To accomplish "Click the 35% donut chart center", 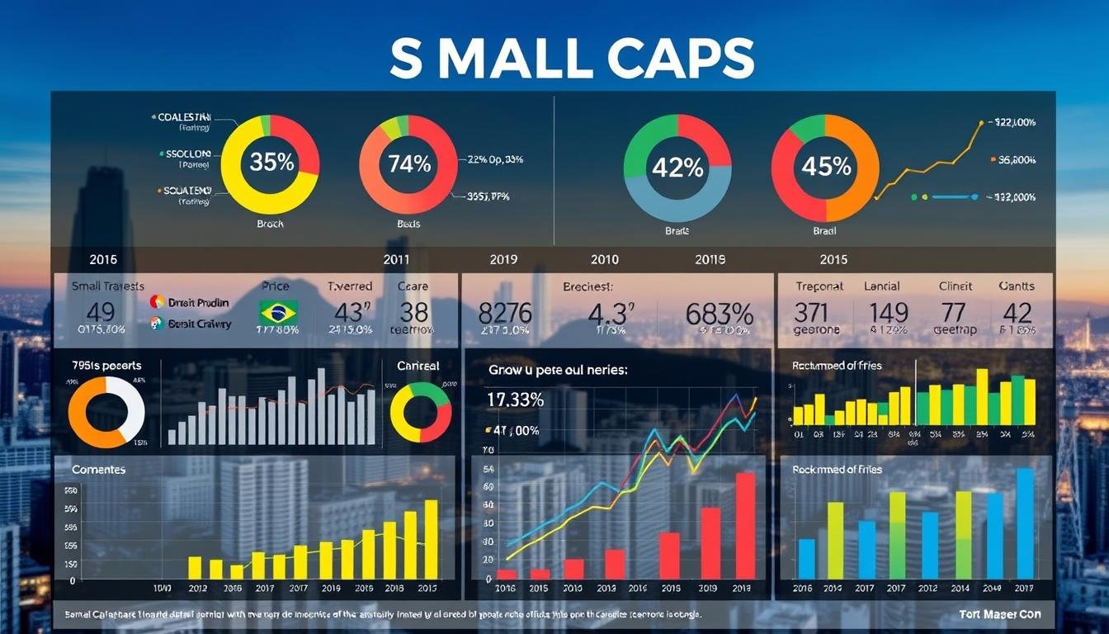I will point(271,163).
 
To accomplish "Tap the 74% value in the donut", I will point(409,163).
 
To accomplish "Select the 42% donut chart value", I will point(677,168).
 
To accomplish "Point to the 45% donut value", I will point(825,167).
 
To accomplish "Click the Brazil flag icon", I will point(278,312).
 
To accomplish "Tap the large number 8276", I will point(505,314).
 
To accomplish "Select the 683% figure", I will point(719,314).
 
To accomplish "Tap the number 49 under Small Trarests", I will point(100,313).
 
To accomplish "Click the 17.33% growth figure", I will point(516,400).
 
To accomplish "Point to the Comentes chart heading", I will point(98,470).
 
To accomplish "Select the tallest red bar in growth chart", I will point(745,525).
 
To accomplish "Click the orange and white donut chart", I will point(106,412).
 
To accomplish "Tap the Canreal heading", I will point(418,365).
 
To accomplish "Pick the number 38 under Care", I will point(414,313).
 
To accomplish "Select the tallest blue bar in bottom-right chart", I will point(1024,523).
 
